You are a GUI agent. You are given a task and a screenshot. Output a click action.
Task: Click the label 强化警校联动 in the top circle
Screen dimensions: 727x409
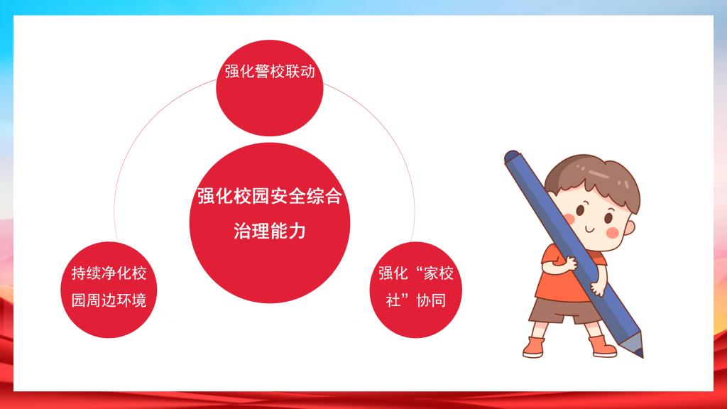pos(270,72)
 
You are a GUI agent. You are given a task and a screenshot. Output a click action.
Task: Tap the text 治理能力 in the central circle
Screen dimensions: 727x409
pos(270,231)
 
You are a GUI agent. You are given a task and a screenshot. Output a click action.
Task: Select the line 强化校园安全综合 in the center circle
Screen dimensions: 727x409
pos(270,196)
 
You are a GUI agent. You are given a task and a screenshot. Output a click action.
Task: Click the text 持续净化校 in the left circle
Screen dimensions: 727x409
pos(109,273)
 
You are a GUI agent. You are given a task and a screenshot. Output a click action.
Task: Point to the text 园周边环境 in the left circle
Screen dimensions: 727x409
pos(109,300)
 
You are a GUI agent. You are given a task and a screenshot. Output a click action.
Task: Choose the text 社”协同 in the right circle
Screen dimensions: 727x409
pos(416,300)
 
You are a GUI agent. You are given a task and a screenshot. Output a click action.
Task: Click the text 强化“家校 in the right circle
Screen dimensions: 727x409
pos(416,273)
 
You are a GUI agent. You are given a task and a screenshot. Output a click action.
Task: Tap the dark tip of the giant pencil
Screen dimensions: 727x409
pos(639,352)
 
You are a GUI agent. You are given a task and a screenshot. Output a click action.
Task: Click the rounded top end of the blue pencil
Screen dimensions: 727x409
pos(511,156)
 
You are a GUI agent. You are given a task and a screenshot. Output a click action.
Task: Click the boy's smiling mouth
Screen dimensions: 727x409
pos(589,229)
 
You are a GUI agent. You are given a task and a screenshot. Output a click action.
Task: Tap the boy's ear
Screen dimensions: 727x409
pos(629,227)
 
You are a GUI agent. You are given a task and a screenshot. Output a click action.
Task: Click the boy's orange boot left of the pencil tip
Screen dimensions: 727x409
pos(602,346)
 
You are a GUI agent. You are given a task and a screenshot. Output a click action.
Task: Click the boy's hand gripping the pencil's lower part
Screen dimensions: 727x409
pos(597,288)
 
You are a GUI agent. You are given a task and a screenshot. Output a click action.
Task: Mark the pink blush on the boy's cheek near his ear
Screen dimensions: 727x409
pos(613,233)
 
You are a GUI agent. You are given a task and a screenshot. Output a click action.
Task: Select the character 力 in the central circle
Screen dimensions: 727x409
pos(297,231)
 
